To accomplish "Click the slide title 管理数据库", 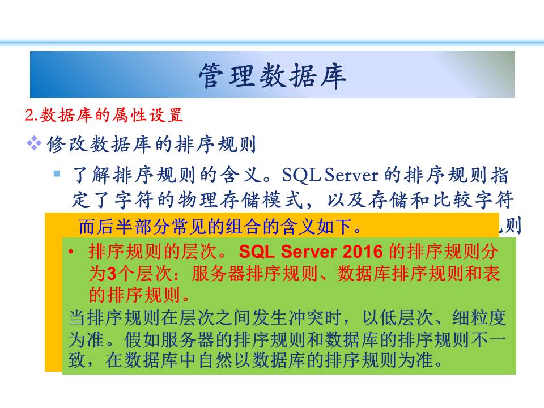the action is (273, 75).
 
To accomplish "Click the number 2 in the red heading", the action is (29, 115).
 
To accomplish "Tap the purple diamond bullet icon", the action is (34, 143).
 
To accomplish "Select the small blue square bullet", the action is (57, 173).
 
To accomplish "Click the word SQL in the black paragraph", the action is (301, 175).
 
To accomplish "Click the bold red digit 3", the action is (112, 274).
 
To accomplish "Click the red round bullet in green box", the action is (71, 252).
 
